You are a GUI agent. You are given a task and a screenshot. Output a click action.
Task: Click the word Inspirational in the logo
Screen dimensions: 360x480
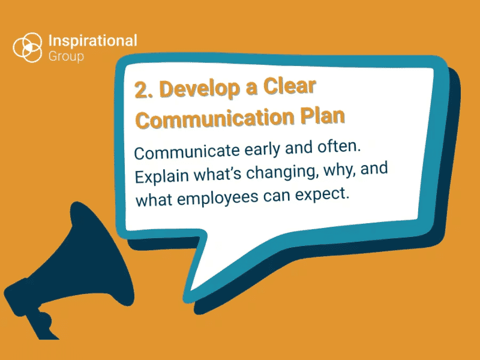click(92, 41)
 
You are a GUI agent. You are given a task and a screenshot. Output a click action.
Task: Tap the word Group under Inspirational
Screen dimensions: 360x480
click(66, 56)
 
